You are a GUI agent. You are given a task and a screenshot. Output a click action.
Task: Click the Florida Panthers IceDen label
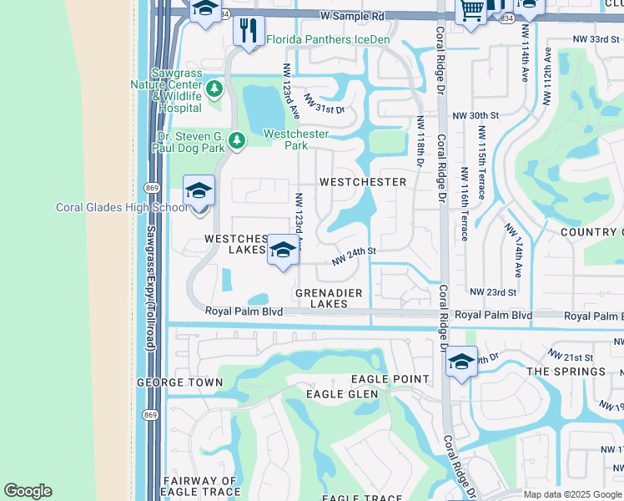(328, 39)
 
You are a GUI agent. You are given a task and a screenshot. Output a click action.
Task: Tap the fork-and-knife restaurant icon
(249, 32)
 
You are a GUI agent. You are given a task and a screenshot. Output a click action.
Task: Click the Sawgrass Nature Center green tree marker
(215, 88)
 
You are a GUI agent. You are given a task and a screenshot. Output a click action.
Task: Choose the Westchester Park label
(296, 139)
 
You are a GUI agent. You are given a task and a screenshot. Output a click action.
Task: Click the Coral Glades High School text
(122, 208)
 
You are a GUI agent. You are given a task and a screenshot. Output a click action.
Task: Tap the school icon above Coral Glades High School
(199, 191)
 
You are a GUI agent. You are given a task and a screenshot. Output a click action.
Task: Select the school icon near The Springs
(460, 362)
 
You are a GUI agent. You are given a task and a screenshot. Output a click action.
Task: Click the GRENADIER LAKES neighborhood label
(329, 298)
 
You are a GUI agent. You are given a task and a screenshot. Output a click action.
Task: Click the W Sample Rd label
(353, 16)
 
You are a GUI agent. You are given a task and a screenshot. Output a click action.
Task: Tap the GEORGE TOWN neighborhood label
(180, 382)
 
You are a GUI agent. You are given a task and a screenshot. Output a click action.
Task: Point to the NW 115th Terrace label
(482, 163)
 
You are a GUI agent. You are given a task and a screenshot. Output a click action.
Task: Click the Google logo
(28, 491)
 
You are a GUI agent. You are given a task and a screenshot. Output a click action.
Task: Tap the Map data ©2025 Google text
(572, 494)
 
